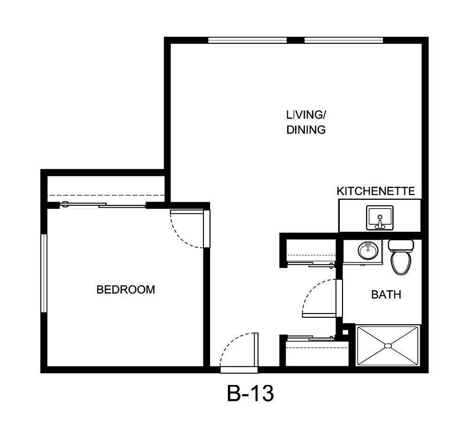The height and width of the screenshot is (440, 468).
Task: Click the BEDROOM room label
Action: [125, 290]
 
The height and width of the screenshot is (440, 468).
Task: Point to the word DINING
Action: [306, 130]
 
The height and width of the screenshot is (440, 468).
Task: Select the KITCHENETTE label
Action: [376, 191]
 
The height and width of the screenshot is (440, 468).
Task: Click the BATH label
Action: [386, 295]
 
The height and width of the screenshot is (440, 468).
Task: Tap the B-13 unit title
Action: [250, 393]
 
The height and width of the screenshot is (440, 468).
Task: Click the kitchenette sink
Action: [380, 217]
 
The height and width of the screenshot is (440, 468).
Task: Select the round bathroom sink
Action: [367, 250]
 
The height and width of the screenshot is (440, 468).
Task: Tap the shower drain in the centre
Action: [388, 346]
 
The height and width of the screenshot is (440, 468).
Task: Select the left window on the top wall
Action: [247, 40]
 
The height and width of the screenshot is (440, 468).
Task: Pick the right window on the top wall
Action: [343, 40]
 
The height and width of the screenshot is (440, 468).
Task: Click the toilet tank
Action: [401, 245]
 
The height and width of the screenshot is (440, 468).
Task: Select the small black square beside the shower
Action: [345, 332]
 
